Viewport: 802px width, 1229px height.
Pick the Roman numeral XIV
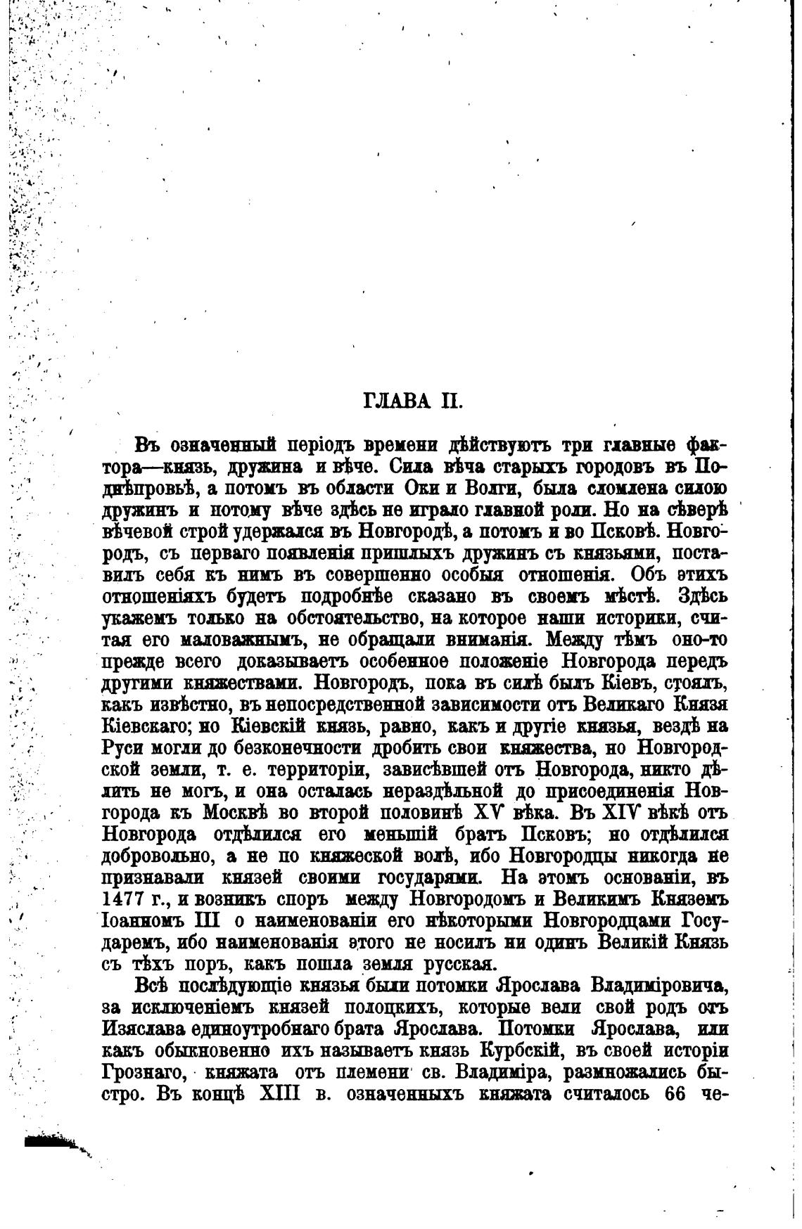click(x=622, y=813)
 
